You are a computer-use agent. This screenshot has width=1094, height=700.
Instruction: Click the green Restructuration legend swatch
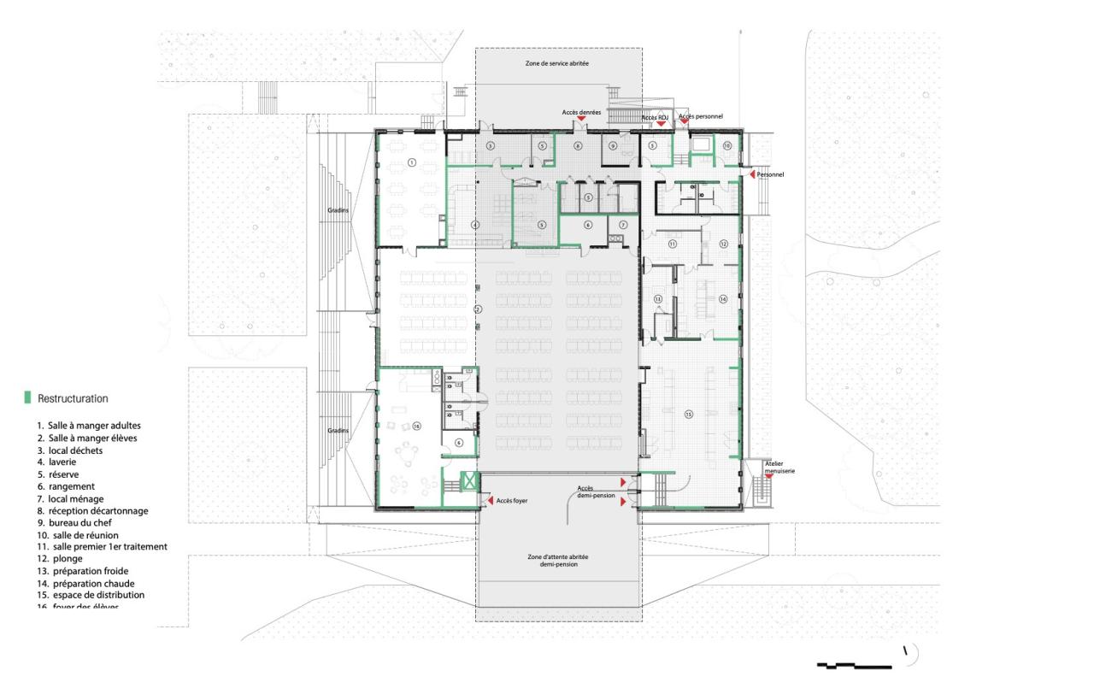tap(28, 397)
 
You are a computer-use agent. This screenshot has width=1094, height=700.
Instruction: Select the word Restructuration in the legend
tap(73, 398)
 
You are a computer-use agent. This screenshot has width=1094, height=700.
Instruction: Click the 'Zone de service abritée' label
tap(556, 64)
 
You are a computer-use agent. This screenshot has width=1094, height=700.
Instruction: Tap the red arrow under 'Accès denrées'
tap(581, 119)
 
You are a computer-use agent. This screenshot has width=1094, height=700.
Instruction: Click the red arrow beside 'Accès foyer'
tap(489, 500)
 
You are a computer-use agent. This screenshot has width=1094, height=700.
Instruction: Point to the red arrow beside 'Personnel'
tap(750, 174)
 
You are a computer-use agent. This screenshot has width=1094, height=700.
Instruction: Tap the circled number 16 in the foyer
tap(417, 424)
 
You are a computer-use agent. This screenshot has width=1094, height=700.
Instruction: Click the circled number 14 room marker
tap(722, 299)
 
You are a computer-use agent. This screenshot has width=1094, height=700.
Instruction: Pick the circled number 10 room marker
tap(727, 146)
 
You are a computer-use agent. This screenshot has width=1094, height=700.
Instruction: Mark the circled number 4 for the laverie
tap(475, 225)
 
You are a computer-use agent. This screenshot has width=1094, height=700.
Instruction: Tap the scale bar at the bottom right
tap(855, 664)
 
